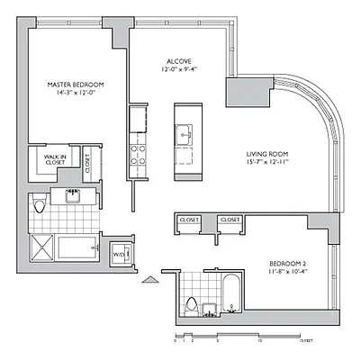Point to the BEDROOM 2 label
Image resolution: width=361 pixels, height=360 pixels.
pyautogui.click(x=291, y=265)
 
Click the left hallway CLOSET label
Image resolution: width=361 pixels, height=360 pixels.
pyautogui.click(x=189, y=219)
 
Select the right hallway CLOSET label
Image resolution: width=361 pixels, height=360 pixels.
pyautogui.click(x=230, y=219)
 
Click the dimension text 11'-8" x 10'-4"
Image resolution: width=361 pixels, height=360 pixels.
pyautogui.click(x=291, y=274)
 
